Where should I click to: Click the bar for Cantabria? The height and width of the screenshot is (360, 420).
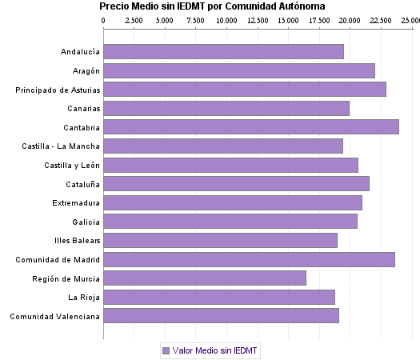pos(251,126)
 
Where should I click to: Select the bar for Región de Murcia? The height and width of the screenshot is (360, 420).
pos(205,278)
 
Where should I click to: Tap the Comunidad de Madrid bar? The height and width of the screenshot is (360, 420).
pos(249,259)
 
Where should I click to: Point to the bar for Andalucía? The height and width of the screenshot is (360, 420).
pos(223,51)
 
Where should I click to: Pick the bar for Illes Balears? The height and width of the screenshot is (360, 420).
pos(220,240)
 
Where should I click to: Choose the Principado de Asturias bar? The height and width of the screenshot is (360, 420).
pos(245,89)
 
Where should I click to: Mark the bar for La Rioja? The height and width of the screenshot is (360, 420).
pos(219,297)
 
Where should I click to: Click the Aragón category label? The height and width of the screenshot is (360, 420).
pos(84,71)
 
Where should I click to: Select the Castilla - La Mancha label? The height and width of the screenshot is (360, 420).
pos(61,146)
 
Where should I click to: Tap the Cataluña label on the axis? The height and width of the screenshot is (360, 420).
pos(82,183)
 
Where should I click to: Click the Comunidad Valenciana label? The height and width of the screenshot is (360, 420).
pos(54,316)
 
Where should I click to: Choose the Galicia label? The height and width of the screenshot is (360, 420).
pos(86,222)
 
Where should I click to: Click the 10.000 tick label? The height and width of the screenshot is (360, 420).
pos(226,19)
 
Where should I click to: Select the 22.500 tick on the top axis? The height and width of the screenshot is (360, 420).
pos(380,19)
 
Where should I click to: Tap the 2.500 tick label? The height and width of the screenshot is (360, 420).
pos(134,19)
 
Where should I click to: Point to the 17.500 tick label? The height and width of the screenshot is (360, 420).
pos(318,19)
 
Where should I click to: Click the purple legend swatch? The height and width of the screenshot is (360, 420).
pos(166,350)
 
